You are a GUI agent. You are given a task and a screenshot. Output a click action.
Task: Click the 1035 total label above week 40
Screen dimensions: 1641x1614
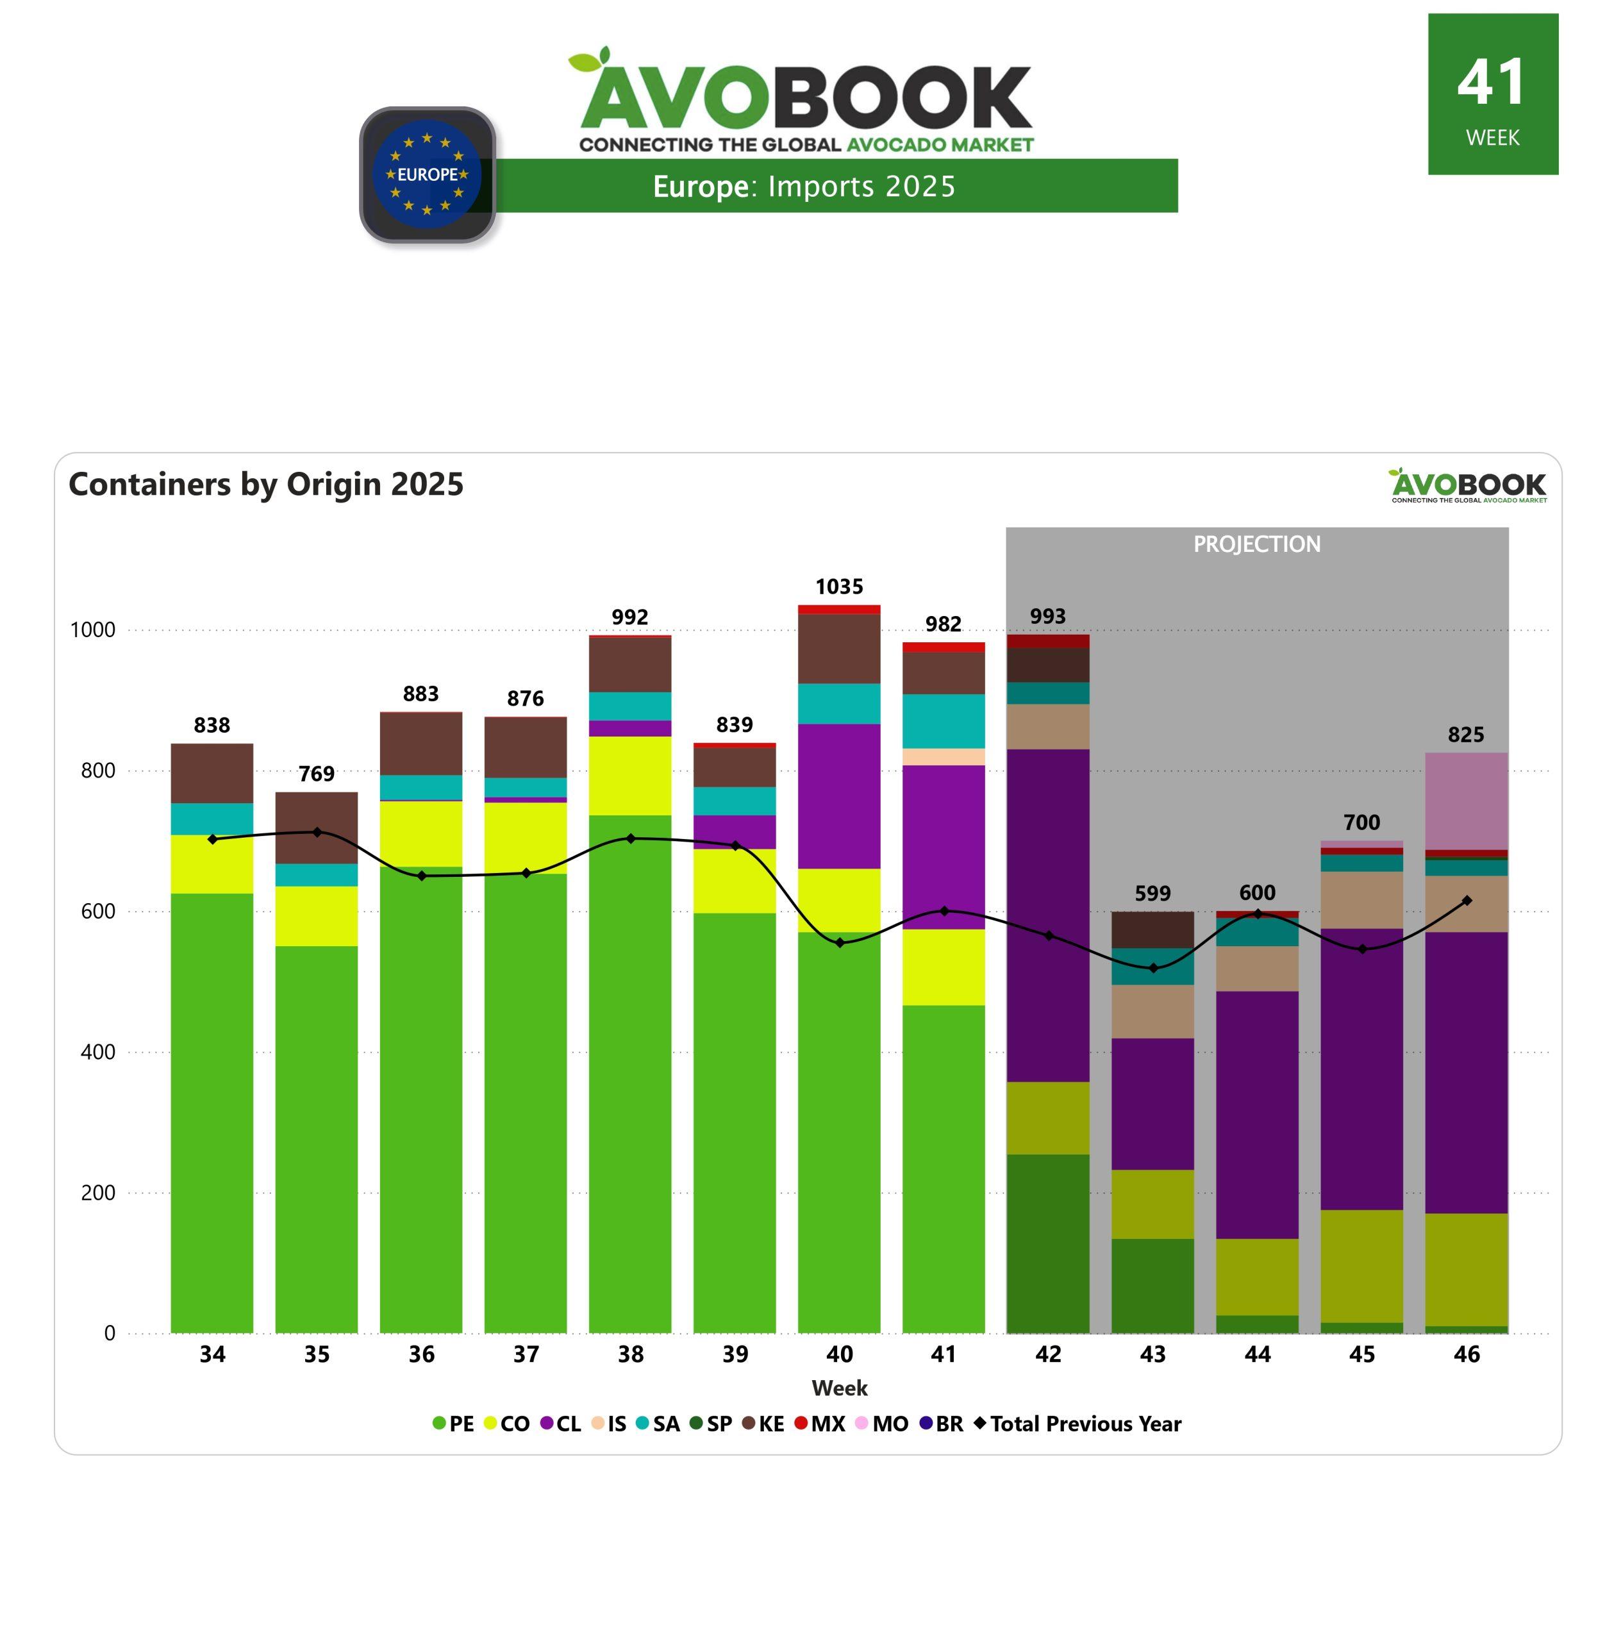click(x=838, y=587)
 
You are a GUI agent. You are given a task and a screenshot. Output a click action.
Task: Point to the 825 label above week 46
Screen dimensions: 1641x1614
click(x=1466, y=734)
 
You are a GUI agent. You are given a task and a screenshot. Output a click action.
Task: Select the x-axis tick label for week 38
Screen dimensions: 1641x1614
click(x=630, y=1354)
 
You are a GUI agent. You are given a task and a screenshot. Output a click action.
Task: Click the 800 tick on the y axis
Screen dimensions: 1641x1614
click(x=98, y=771)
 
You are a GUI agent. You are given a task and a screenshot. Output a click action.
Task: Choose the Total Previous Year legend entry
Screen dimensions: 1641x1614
click(x=1077, y=1423)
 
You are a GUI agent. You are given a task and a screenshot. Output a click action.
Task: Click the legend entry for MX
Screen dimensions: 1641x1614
click(x=820, y=1423)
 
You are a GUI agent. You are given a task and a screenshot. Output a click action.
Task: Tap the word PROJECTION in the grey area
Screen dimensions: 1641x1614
click(x=1256, y=544)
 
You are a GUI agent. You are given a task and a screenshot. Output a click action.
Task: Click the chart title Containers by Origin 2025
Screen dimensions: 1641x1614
click(x=266, y=484)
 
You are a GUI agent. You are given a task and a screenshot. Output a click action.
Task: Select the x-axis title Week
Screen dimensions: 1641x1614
click(x=839, y=1388)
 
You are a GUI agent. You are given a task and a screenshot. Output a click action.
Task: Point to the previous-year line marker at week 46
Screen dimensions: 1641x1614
click(x=1467, y=900)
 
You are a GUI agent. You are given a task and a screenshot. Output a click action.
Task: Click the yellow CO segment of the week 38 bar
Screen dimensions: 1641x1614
click(x=630, y=776)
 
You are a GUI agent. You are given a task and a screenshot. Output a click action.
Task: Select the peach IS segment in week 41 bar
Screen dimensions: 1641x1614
click(x=944, y=757)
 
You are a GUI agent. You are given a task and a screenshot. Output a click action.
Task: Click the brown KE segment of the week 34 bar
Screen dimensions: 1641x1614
click(x=212, y=773)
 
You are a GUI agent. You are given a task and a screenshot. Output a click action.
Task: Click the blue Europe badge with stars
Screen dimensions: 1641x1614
click(x=428, y=174)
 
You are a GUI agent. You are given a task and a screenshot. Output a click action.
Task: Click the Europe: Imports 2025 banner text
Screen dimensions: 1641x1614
click(x=804, y=187)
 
